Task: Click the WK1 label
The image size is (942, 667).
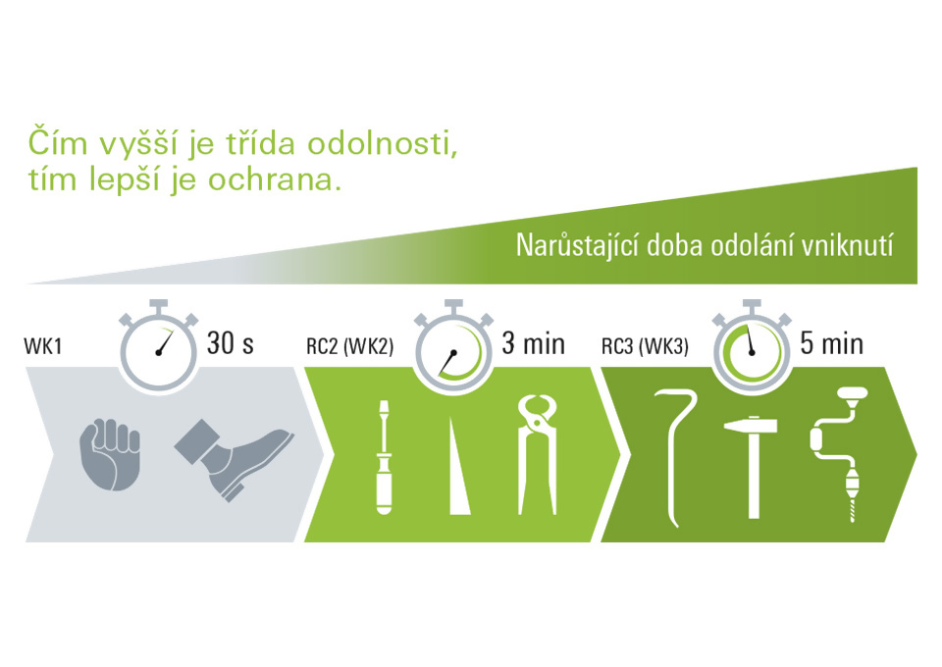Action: pyautogui.click(x=42, y=346)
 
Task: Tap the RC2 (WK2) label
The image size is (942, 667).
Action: pyautogui.click(x=349, y=346)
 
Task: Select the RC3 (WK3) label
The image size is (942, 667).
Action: pyautogui.click(x=645, y=346)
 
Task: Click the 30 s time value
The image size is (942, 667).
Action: pyautogui.click(x=230, y=343)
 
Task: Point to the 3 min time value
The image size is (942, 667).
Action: pyautogui.click(x=534, y=343)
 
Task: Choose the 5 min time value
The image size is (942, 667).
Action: pyautogui.click(x=831, y=343)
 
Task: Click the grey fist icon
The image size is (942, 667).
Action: pyautogui.click(x=110, y=455)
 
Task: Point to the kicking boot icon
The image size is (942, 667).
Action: pyautogui.click(x=235, y=459)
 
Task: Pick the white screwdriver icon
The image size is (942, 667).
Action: pyautogui.click(x=384, y=457)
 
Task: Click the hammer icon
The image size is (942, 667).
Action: pyautogui.click(x=754, y=468)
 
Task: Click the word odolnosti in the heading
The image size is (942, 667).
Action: pyautogui.click(x=382, y=144)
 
